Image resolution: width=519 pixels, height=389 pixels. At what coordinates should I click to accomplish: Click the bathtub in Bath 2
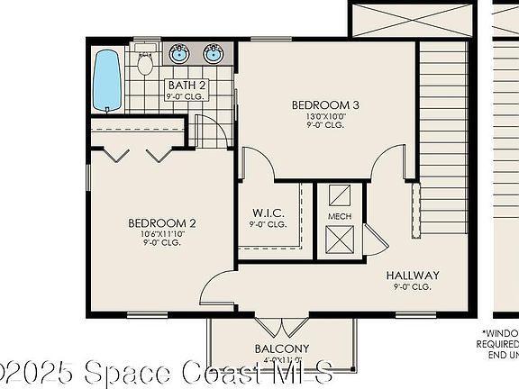pyautogui.click(x=107, y=79)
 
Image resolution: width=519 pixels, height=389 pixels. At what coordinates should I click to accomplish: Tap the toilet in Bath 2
pyautogui.click(x=145, y=64)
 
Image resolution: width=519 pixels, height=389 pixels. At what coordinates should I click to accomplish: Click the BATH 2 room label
pyautogui.click(x=187, y=86)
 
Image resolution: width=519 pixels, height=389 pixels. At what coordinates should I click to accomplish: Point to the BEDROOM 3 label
pyautogui.click(x=325, y=105)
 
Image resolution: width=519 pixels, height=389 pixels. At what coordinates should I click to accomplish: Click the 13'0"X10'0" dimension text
pyautogui.click(x=325, y=116)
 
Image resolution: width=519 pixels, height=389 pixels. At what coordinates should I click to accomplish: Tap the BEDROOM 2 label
pyautogui.click(x=162, y=223)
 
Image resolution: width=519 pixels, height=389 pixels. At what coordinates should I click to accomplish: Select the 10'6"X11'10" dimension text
pyautogui.click(x=162, y=234)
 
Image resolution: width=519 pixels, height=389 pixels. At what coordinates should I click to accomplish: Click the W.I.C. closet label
pyautogui.click(x=268, y=213)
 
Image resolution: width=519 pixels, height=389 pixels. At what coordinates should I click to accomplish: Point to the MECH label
pyautogui.click(x=340, y=217)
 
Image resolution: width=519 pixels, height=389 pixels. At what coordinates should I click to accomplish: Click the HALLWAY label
pyautogui.click(x=413, y=276)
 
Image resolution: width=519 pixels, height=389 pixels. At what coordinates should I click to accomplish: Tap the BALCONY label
pyautogui.click(x=283, y=348)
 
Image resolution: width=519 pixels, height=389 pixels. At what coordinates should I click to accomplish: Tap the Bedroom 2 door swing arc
pyautogui.click(x=216, y=288)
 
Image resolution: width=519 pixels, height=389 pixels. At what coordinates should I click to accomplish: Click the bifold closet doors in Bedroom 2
pyautogui.click(x=136, y=154)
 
